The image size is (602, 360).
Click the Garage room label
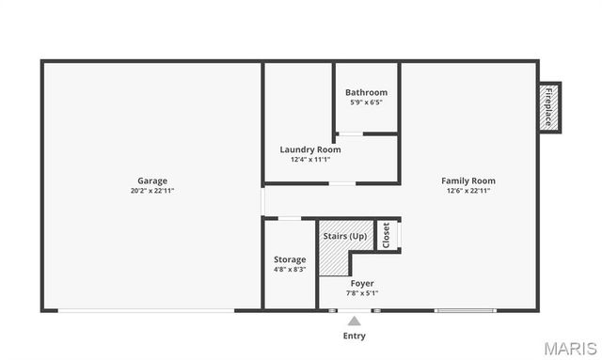[x=152, y=180]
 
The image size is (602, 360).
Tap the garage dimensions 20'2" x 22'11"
[x=152, y=191]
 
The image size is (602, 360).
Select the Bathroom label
[x=366, y=92]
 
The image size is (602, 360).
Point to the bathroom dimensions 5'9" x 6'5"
[x=366, y=102]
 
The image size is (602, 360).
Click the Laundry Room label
[x=309, y=149]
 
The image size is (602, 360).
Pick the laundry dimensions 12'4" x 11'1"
[x=309, y=160]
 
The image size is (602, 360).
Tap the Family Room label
[x=468, y=180]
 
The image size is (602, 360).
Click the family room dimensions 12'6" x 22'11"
[x=468, y=191]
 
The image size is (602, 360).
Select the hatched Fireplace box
[x=548, y=107]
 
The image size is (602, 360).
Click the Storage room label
[x=290, y=259]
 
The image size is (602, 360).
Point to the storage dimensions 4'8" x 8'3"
[x=290, y=270]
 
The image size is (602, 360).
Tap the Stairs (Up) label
[x=345, y=236]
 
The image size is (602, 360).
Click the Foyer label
[x=362, y=283]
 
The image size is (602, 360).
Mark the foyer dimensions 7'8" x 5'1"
[x=362, y=293]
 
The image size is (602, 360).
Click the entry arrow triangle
[x=354, y=321]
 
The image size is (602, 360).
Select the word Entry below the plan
[x=354, y=336]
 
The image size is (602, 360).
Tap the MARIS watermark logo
[x=567, y=348]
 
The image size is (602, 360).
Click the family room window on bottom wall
[x=464, y=310]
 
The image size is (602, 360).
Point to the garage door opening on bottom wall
[x=146, y=310]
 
